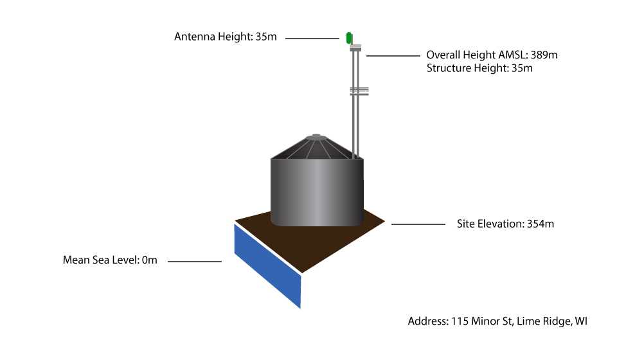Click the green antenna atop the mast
coord(348,38)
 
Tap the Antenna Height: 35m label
coord(226,37)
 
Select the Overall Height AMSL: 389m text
coord(492,55)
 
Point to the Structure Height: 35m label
coord(479,68)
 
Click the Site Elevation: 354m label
coord(505,224)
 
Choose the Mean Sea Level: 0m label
coord(110,260)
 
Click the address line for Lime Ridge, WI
coord(497,321)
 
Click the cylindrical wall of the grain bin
coord(317,192)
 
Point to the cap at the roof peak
coord(316,137)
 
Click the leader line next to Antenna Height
coord(312,39)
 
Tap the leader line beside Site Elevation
coord(418,224)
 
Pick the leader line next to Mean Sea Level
coord(195,261)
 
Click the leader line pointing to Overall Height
coord(393,56)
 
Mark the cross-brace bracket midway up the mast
coord(359,91)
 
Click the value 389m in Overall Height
coord(544,55)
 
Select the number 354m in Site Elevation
coord(541,224)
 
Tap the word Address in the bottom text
coord(428,321)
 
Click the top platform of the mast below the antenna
coord(355,48)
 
